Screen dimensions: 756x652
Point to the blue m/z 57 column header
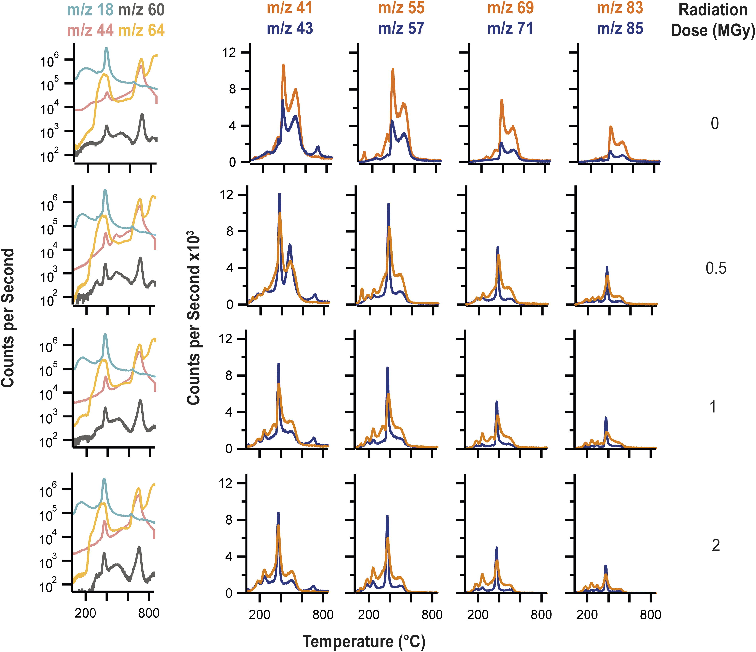click(x=401, y=28)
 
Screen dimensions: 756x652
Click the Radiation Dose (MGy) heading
click(x=713, y=20)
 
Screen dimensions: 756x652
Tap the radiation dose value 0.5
click(x=716, y=269)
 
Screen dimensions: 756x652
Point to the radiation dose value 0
click(x=715, y=124)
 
